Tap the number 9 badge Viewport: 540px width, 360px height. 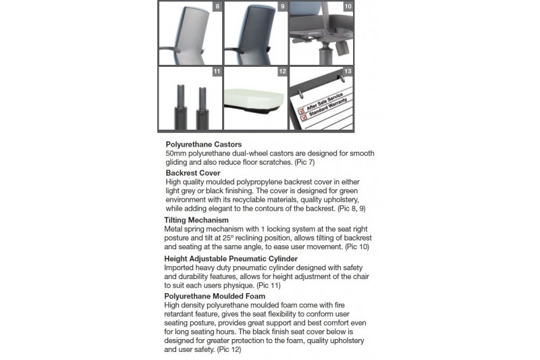tap(282, 7)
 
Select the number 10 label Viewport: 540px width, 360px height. tap(348, 7)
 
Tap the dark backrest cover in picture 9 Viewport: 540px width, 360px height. tap(256, 30)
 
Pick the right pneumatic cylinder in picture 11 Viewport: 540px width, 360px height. tap(201, 105)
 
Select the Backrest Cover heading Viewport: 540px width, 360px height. tap(192, 173)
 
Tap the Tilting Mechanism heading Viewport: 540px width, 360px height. tap(196, 220)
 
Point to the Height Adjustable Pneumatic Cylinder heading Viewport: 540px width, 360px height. tap(231, 258)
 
